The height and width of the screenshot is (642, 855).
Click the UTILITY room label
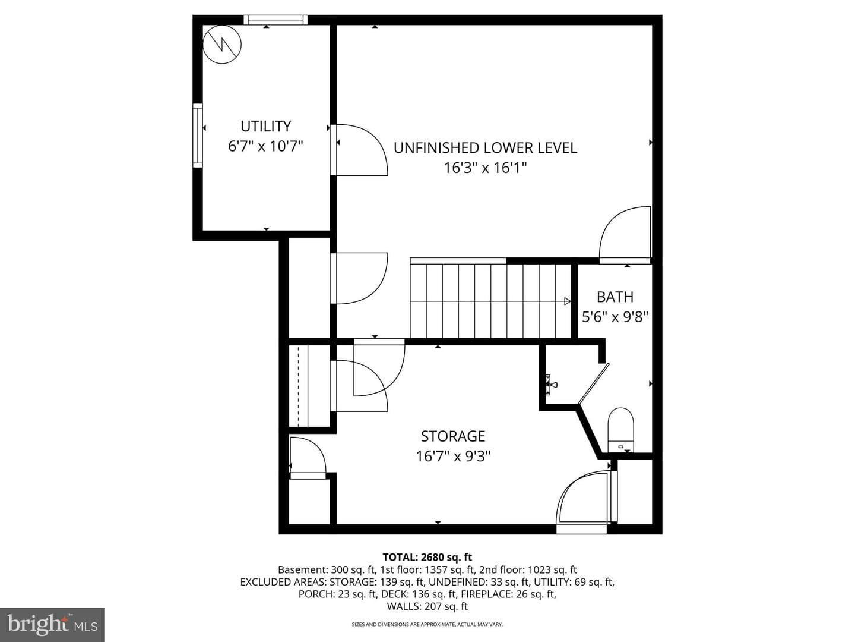[x=265, y=126]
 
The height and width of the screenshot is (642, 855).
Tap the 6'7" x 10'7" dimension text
[x=265, y=147]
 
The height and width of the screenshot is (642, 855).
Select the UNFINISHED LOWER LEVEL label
[x=485, y=148]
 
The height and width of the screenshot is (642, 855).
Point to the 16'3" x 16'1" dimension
[x=485, y=168]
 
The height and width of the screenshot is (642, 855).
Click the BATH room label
[x=615, y=297]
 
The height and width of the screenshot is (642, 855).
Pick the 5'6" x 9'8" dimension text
[x=615, y=317]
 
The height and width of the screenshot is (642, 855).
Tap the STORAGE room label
[x=453, y=436]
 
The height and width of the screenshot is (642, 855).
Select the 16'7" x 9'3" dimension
[x=453, y=456]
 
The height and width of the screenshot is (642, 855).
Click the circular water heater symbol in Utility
[x=222, y=45]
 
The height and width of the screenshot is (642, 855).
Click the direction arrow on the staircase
[x=567, y=301]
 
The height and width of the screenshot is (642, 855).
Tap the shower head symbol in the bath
[x=552, y=385]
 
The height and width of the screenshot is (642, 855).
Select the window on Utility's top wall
[x=275, y=20]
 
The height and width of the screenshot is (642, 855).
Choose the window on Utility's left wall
[x=198, y=136]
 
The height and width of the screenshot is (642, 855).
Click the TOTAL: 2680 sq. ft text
[x=427, y=557]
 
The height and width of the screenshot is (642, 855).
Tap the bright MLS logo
[x=52, y=624]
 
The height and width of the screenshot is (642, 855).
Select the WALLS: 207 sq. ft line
[x=427, y=606]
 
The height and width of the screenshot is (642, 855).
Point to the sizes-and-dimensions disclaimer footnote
[x=427, y=624]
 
